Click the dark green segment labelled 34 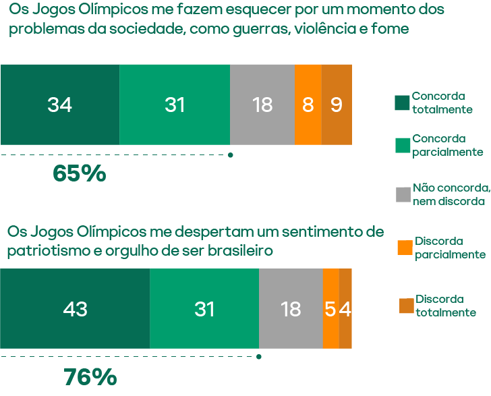click(60, 105)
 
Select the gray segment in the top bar click(262, 105)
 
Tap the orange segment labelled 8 click(308, 105)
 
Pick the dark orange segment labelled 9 click(337, 105)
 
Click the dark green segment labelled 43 click(75, 308)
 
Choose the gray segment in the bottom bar click(291, 308)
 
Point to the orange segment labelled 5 click(330, 308)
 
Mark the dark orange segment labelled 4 click(345, 308)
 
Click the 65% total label click(79, 174)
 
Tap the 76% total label click(90, 377)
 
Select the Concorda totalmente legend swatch click(402, 103)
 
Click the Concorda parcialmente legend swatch click(402, 145)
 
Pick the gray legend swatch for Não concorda click(403, 194)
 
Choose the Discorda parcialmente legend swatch click(405, 248)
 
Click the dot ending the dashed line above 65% click(231, 155)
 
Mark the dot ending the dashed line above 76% click(260, 357)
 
